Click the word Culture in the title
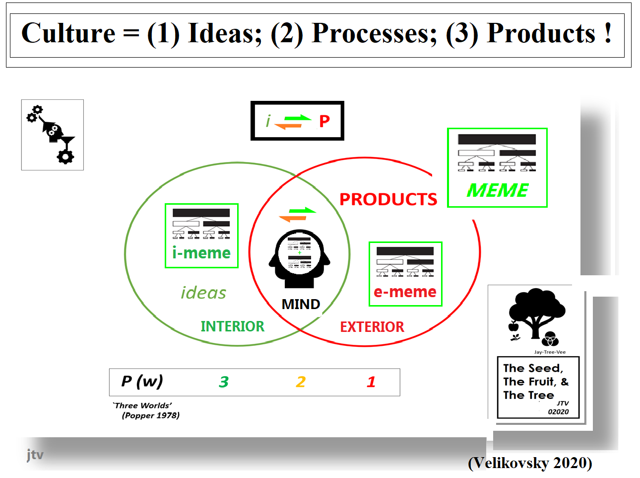pos(68,34)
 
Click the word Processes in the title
pos(374,34)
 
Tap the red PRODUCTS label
pos(388,199)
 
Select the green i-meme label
pos(201,253)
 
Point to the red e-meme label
pos(405,292)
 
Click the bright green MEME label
pos(498,190)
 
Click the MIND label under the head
pos(301,304)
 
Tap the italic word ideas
pos(203,293)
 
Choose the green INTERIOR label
pos(232,326)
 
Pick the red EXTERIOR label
pos(372,327)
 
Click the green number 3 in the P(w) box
pos(224,382)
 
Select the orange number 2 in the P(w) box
pos(301,382)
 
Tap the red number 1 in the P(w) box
pos(371,382)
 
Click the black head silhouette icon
pos(300,258)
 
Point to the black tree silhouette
pos(536,311)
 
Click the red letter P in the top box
pos(324,121)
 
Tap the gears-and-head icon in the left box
pos(52,134)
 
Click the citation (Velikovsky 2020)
pos(530,463)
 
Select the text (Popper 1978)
pos(151,415)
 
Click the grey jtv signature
pos(35,454)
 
